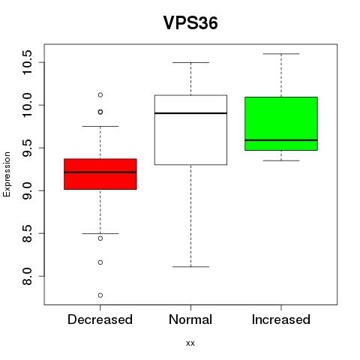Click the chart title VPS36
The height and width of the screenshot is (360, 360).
click(190, 23)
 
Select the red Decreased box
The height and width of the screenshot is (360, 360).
click(100, 174)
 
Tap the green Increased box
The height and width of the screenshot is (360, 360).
click(281, 124)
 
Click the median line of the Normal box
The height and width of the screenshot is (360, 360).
click(190, 113)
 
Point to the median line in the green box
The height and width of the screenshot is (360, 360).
click(281, 140)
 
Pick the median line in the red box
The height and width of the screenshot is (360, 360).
click(100, 172)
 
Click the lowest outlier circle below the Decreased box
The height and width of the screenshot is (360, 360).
click(100, 295)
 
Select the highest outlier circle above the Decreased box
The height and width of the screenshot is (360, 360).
click(100, 94)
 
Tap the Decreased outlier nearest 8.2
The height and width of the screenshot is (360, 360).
click(100, 262)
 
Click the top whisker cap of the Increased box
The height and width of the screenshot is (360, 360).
click(281, 54)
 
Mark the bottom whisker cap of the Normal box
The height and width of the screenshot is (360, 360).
click(190, 267)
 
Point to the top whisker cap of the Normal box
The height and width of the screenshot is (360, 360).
click(190, 62)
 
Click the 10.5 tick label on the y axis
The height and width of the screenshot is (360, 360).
click(27, 62)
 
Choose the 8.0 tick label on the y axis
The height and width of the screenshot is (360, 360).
click(27, 276)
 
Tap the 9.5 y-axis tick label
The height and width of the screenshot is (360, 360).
click(27, 148)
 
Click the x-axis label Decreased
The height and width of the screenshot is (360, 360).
click(100, 319)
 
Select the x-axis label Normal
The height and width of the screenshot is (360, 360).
click(190, 319)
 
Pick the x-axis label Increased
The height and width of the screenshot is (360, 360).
click(281, 319)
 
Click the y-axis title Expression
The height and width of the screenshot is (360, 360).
click(7, 174)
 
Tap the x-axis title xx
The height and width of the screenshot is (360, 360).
click(190, 343)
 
